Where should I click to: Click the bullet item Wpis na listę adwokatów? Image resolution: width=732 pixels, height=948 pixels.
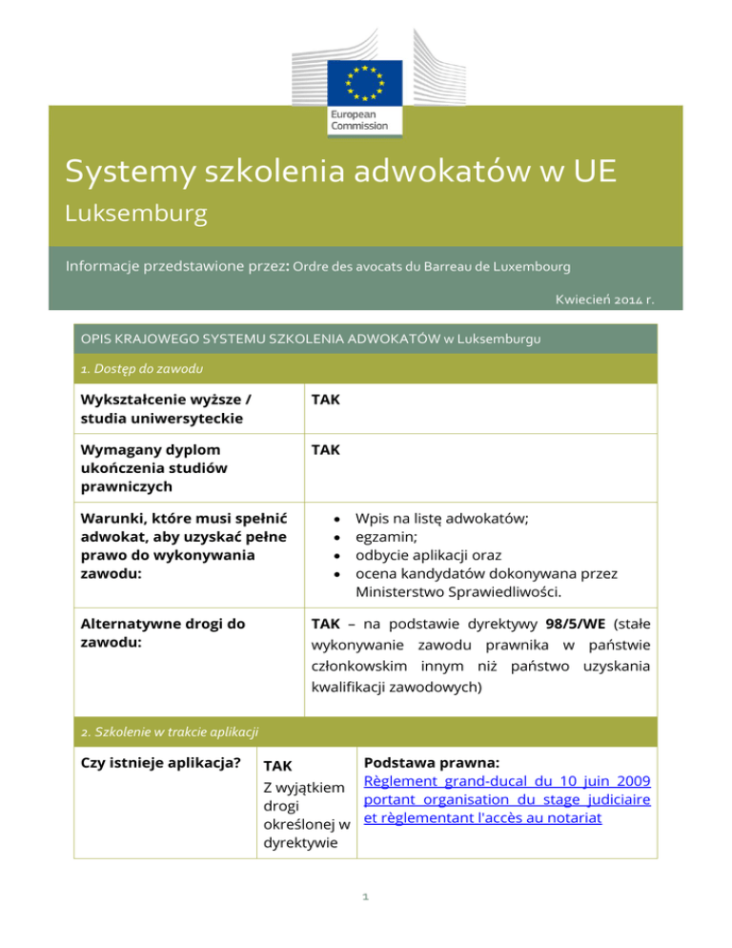pyautogui.click(x=442, y=519)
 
